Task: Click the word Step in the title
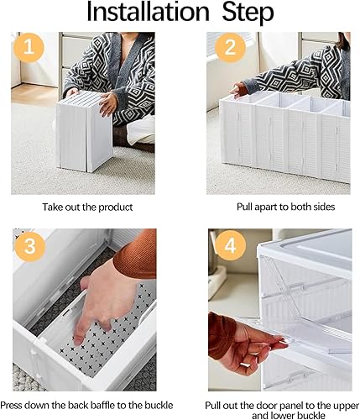pyautogui.click(x=243, y=14)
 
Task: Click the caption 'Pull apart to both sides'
pyautogui.click(x=277, y=204)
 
